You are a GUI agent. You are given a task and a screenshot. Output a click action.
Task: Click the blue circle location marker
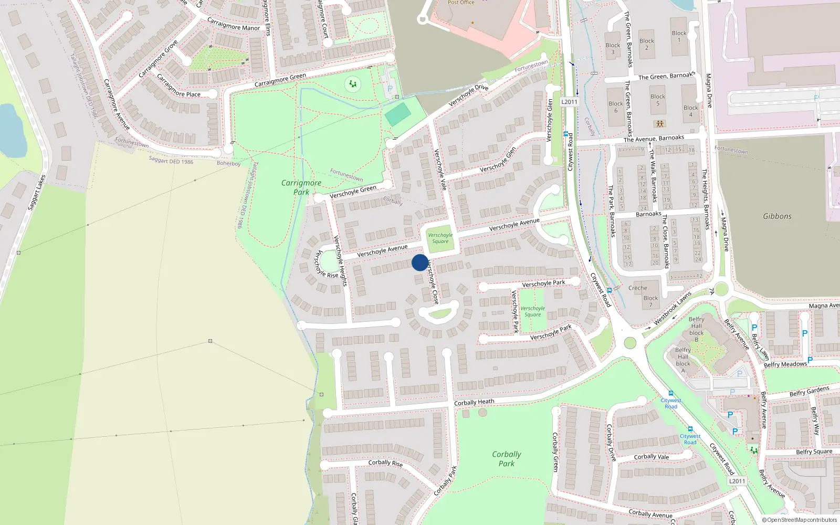point(420,262)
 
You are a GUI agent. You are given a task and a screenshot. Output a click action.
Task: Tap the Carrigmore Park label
point(301,187)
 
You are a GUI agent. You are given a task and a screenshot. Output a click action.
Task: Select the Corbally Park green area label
point(506,459)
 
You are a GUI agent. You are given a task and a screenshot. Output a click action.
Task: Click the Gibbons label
point(777,216)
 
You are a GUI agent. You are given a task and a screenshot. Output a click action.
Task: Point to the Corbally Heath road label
point(474,402)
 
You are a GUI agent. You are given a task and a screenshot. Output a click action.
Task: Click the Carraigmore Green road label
point(280,80)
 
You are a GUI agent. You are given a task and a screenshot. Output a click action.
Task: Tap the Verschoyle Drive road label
point(468,94)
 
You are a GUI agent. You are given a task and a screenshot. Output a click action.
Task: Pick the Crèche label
point(637,288)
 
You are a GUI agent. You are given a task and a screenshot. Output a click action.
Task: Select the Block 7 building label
point(650,301)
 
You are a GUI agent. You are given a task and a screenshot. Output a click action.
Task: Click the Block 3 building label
point(613,48)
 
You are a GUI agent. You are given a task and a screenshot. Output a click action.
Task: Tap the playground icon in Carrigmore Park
point(353,83)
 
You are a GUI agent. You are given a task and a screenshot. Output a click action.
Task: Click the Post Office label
point(461,3)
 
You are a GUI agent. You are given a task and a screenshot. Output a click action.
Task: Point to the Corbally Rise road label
point(385,463)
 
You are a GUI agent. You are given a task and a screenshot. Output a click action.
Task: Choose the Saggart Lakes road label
point(37,193)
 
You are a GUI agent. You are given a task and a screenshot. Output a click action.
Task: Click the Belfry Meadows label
point(785,364)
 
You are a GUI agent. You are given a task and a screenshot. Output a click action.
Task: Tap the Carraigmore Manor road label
point(233,24)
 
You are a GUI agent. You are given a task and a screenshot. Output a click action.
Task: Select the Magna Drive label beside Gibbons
point(724,234)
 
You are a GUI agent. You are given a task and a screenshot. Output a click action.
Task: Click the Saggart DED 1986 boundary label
point(171,160)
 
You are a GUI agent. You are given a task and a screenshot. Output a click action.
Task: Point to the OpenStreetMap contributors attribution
point(799,520)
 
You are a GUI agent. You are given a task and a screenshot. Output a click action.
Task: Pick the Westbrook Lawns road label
point(673,309)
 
